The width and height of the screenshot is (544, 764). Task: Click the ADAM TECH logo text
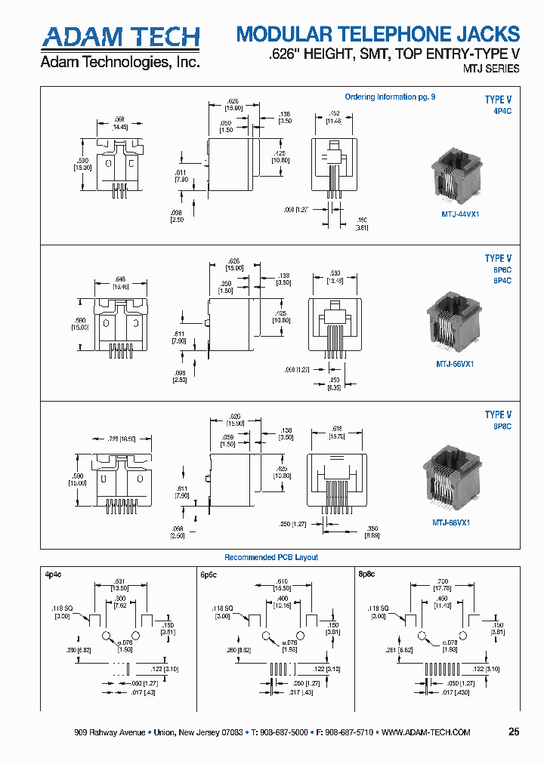(119, 37)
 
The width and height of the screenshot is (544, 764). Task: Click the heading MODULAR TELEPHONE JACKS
(378, 34)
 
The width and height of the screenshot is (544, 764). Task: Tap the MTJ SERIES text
(490, 69)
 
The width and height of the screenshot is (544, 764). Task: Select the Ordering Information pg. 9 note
(390, 97)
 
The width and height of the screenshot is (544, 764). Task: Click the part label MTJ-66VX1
(455, 363)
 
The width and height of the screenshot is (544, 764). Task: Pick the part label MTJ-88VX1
(451, 522)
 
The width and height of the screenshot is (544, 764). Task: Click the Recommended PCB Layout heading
(271, 557)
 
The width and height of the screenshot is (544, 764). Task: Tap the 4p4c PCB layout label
(52, 574)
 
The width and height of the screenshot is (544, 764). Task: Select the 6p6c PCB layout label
(209, 575)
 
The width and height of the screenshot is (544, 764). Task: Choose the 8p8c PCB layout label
(366, 574)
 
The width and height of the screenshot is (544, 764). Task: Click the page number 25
(514, 732)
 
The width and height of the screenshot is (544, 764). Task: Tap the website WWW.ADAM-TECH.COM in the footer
(427, 732)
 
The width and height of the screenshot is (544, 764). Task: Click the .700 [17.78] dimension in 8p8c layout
(440, 586)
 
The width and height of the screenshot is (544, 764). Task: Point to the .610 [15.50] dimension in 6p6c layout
(282, 586)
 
